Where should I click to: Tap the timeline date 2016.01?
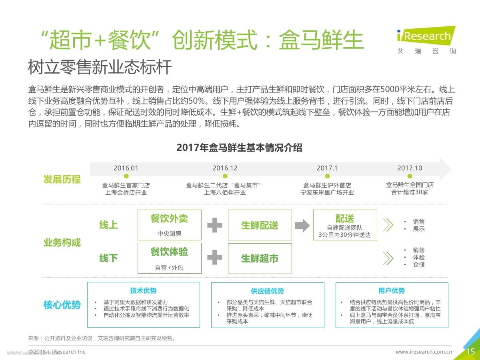[126, 168]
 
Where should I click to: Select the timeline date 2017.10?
[410, 168]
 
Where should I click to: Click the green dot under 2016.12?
[225, 176]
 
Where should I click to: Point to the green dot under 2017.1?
[327, 176]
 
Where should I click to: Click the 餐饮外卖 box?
[170, 225]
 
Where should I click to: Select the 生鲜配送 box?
[260, 225]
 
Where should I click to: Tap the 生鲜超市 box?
[260, 258]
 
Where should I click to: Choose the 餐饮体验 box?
[170, 258]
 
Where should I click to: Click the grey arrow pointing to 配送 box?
[302, 225]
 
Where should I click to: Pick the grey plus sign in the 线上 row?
[214, 225]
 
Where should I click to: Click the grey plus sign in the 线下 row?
[214, 257]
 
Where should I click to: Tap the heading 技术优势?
[143, 290]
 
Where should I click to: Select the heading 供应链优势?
[267, 291]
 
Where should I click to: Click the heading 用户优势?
[392, 290]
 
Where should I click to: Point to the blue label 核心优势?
[62, 305]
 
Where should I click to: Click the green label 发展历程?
[62, 179]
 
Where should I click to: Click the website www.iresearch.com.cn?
[424, 352]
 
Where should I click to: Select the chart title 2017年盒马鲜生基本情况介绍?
[240, 148]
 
